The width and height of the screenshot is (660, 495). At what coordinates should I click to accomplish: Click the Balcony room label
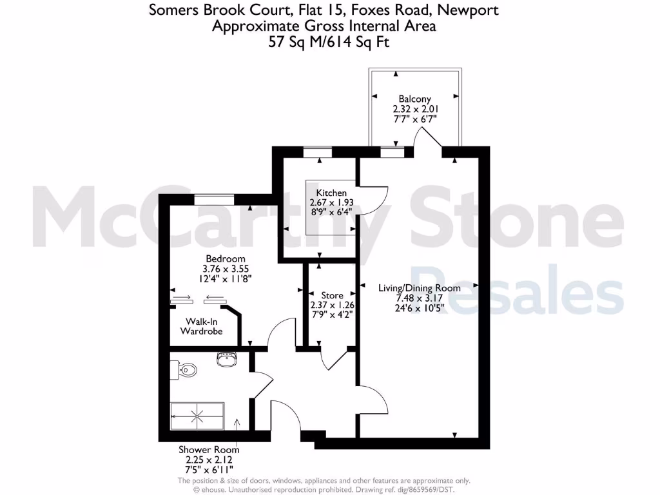[x=414, y=99]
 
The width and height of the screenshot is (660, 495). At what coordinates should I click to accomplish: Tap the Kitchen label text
[x=331, y=193]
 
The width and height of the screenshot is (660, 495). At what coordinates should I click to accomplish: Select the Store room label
[x=331, y=295]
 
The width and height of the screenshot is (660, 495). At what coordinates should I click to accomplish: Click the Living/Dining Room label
[x=419, y=287]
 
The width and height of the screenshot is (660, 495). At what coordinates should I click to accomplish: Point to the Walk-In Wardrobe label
[x=201, y=326]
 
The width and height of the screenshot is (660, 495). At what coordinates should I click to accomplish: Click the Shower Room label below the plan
[x=209, y=450]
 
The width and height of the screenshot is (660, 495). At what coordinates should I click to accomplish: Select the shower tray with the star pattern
[x=198, y=416]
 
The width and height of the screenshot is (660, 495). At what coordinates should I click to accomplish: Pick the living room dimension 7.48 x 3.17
[x=419, y=298]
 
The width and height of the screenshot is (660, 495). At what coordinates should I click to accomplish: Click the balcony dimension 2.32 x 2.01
[x=414, y=109]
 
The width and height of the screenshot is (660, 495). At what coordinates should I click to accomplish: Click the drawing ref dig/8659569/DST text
[x=438, y=489]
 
